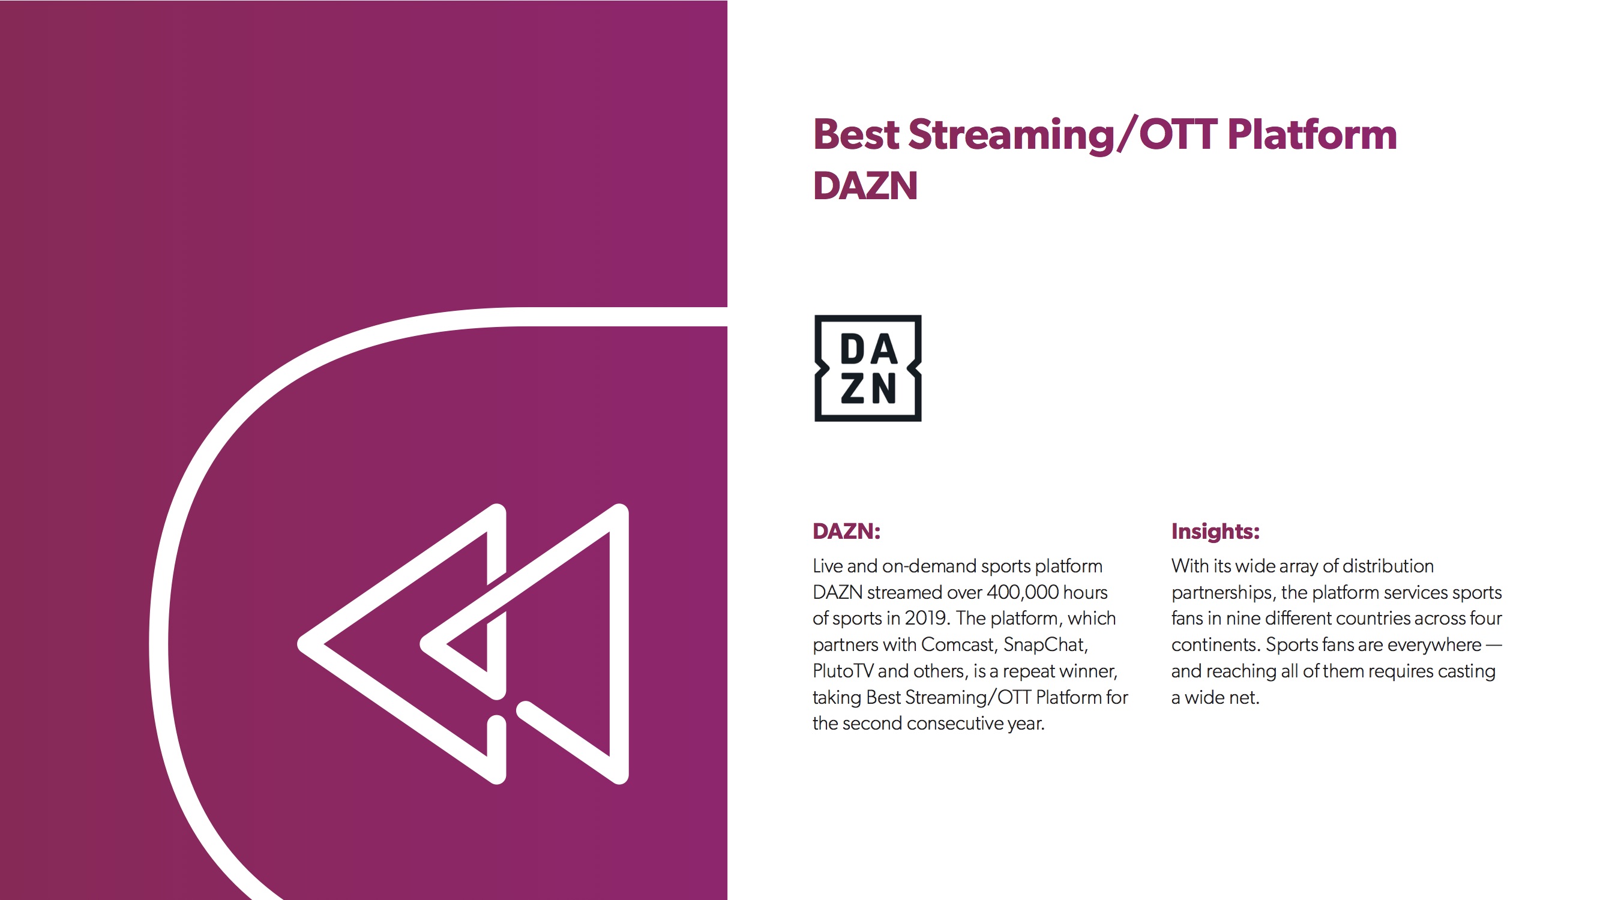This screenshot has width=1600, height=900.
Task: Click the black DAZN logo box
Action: [x=868, y=368]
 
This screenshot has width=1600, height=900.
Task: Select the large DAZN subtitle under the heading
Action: [x=865, y=186]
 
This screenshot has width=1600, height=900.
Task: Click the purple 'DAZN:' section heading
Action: [x=847, y=531]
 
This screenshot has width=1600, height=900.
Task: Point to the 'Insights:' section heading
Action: [x=1215, y=531]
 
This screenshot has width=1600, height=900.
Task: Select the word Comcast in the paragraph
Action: [x=959, y=645]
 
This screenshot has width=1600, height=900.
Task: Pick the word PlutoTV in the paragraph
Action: [x=843, y=671]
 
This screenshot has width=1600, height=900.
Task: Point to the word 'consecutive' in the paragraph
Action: [x=954, y=724]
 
